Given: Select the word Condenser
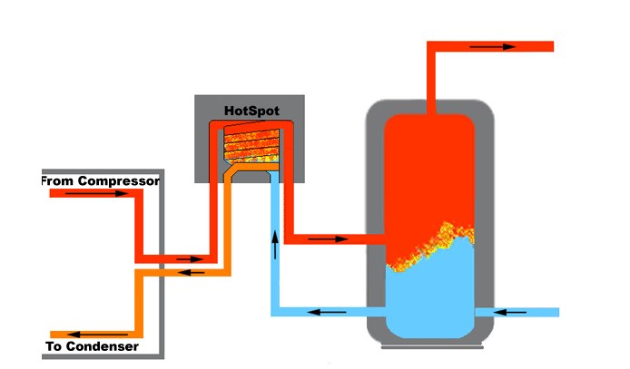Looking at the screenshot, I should (103, 347).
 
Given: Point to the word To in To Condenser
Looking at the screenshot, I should (53, 347).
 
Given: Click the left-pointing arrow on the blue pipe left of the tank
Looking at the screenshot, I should (319, 313).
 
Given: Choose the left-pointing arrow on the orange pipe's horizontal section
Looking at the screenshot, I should (191, 271).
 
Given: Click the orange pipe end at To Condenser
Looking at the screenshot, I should (54, 335).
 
